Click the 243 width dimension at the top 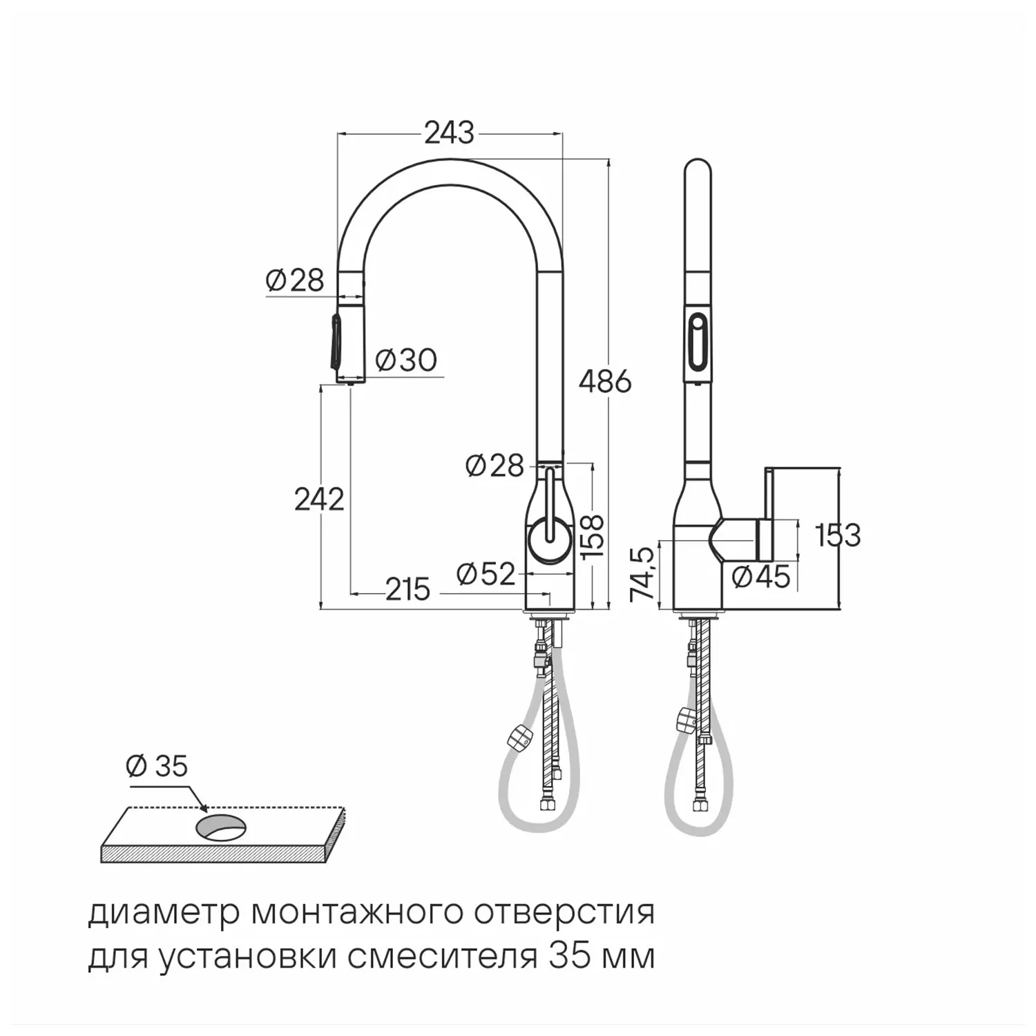click(449, 133)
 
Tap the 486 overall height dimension click(605, 381)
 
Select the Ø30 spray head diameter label click(406, 360)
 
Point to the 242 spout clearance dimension click(319, 499)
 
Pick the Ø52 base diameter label click(486, 573)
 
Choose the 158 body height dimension click(592, 536)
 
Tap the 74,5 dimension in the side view click(643, 574)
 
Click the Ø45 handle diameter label click(760, 576)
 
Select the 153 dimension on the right click(838, 535)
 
